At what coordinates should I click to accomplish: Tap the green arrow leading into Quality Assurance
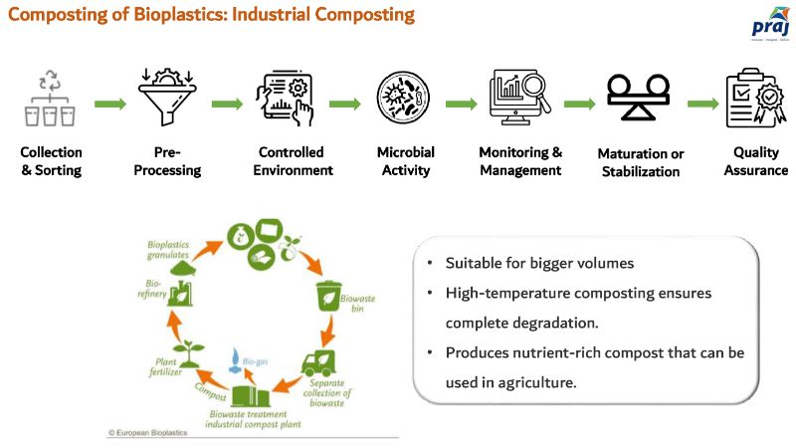point(702,104)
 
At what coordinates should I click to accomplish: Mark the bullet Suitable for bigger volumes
point(531,265)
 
